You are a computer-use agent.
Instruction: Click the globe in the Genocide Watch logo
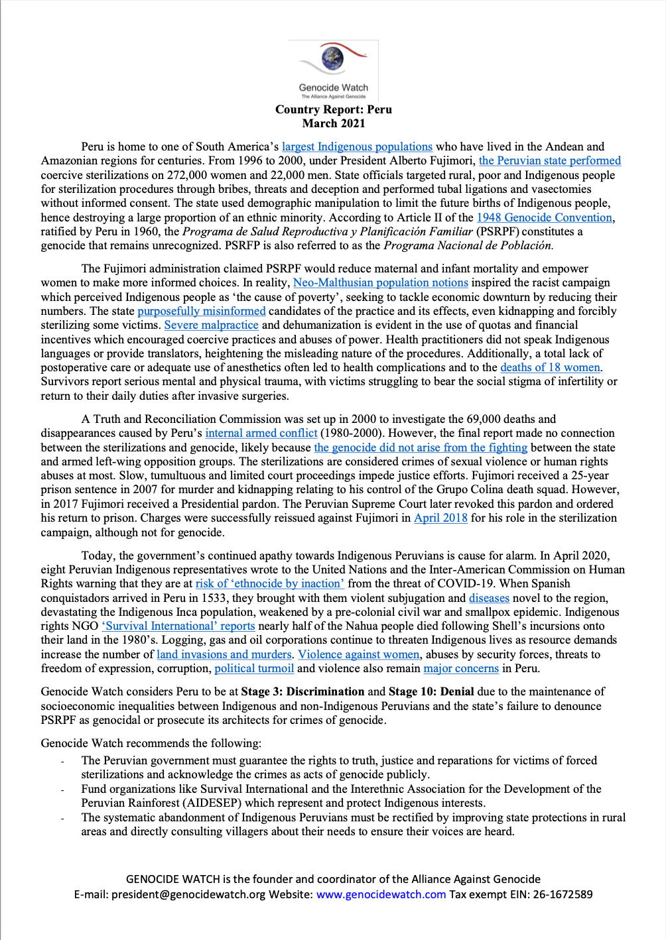[332, 58]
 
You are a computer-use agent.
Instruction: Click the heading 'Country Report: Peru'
[334, 109]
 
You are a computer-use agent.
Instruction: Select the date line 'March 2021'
[334, 123]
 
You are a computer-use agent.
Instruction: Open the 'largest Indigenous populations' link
[357, 147]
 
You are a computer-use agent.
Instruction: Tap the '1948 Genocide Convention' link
[544, 217]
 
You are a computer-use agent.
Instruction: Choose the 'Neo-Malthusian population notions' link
[381, 282]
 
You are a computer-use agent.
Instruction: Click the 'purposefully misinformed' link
[202, 311]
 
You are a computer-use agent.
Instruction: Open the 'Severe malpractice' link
[212, 325]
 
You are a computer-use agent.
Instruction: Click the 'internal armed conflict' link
[261, 433]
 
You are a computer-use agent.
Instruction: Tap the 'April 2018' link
[440, 518]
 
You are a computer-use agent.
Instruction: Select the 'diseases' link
[489, 598]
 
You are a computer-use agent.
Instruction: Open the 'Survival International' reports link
[178, 626]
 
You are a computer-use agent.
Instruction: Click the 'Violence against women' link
[358, 654]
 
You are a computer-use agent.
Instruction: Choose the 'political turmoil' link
[254, 668]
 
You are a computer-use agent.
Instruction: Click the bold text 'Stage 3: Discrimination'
[302, 691]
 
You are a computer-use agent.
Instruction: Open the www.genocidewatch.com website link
[381, 894]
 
